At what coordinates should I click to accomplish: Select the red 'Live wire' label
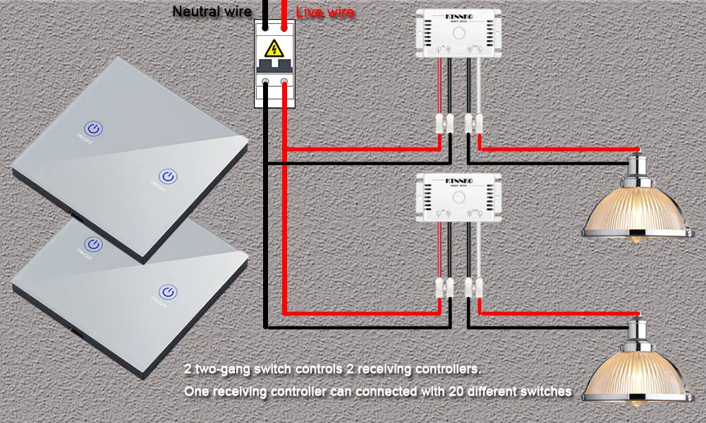click(x=324, y=12)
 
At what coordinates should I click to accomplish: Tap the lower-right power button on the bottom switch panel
click(x=167, y=291)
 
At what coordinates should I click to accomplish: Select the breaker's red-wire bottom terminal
click(x=284, y=83)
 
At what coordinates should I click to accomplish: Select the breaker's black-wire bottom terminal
click(x=265, y=83)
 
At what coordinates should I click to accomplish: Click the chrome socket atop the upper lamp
click(x=639, y=167)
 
